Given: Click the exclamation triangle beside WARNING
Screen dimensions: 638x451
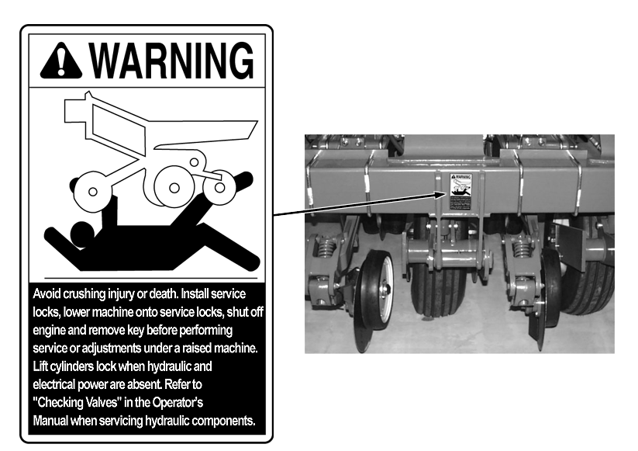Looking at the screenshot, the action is (x=61, y=61).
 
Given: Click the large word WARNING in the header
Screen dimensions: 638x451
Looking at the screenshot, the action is (x=171, y=61).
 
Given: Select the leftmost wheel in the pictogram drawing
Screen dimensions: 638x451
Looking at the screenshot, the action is (x=92, y=192).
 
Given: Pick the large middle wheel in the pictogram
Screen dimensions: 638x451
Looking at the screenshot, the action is (x=174, y=187).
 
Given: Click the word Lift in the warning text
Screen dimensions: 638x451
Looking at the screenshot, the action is (x=40, y=366).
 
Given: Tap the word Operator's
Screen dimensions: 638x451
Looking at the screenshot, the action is (x=178, y=403).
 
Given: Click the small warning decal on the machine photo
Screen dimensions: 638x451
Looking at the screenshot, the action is (x=461, y=192).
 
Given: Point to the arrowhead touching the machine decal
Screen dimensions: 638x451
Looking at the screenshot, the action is (x=440, y=194).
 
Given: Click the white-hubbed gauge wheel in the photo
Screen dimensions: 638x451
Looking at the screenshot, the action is (x=375, y=300).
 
